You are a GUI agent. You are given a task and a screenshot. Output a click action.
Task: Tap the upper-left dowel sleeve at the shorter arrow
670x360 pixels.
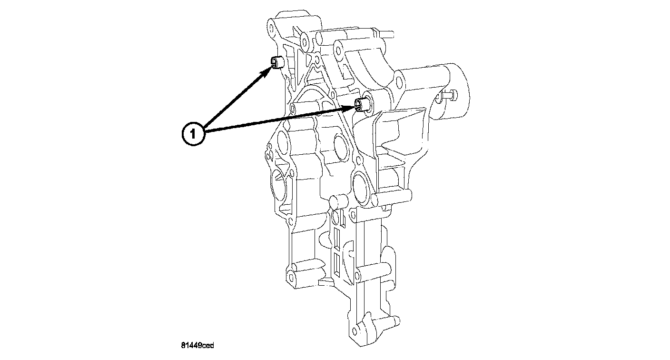tap(277, 62)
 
